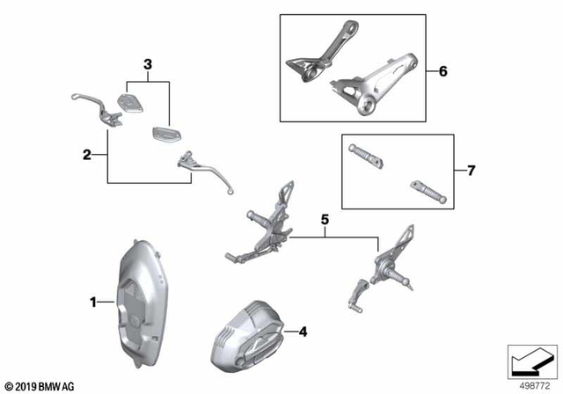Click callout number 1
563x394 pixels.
click(x=91, y=303)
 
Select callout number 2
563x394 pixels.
click(x=87, y=156)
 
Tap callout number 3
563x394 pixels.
click(x=148, y=64)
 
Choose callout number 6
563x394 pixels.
click(x=443, y=70)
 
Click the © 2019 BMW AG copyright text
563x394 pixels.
click(x=40, y=385)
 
